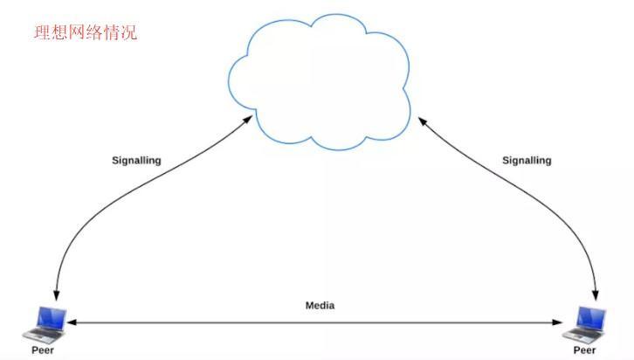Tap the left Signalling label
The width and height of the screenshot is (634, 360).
(x=136, y=161)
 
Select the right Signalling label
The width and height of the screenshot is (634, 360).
(x=527, y=161)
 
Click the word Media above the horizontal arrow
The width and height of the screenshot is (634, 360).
(x=320, y=305)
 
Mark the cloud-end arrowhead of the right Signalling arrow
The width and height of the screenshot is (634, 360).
(x=422, y=121)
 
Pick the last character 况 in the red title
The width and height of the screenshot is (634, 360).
(x=128, y=33)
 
